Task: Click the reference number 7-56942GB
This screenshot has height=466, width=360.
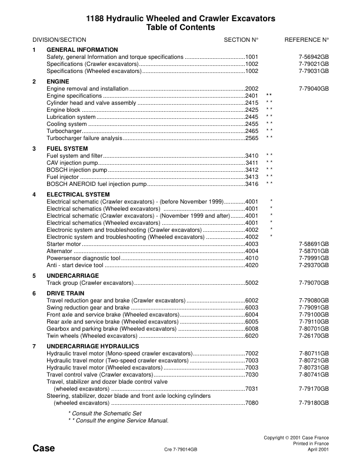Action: pos(314,56)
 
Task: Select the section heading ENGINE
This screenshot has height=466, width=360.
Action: pos(58,81)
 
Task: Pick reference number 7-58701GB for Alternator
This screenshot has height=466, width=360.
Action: pos(314,251)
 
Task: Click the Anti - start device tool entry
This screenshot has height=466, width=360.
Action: pos(75,265)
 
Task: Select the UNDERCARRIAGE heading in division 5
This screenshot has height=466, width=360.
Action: pos(69,275)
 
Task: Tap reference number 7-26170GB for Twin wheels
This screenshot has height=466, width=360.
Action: pos(314,335)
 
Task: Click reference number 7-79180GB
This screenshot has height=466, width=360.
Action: pos(314,403)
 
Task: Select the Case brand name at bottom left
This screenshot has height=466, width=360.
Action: pos(44,448)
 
